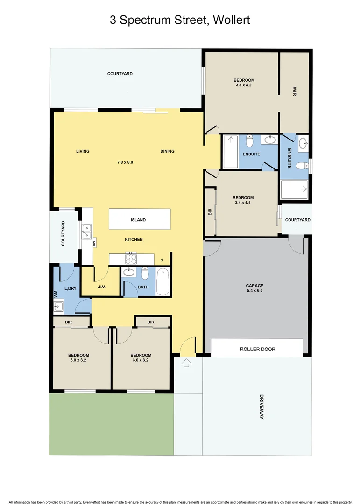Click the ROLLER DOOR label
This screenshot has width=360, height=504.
[257, 349]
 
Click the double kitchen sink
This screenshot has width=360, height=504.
[86, 231]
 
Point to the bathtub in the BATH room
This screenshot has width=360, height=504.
[162, 281]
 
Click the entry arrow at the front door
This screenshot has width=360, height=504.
[186, 363]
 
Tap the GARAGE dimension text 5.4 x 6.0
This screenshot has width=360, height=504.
[255, 291]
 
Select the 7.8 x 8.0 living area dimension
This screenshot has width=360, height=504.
[125, 162]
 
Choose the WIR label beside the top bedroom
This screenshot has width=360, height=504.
[295, 91]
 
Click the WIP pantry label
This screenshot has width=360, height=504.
[101, 287]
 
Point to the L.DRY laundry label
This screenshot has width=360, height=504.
[70, 289]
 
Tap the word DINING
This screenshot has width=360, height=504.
[167, 151]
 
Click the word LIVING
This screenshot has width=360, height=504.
[83, 151]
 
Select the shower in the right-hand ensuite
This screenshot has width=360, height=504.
[294, 190]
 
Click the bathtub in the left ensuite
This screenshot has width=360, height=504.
[230, 152]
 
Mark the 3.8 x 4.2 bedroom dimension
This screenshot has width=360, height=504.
[244, 85]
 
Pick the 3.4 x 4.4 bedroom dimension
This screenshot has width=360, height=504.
[243, 203]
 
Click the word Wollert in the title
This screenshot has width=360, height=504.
[233, 20]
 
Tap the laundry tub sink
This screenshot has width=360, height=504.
[59, 306]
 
